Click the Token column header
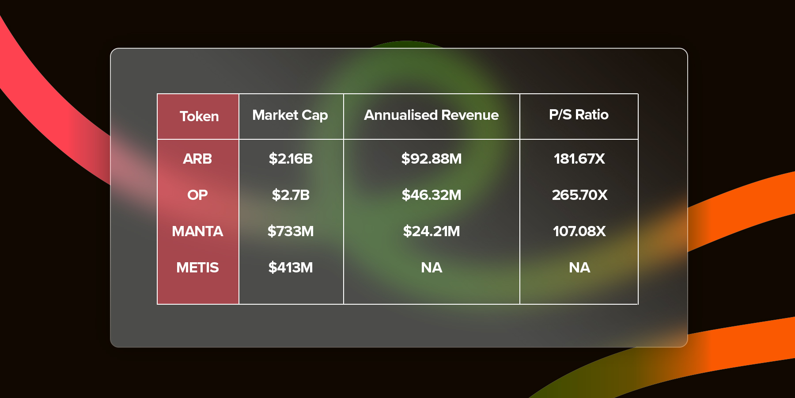coord(199,116)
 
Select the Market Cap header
coord(290,115)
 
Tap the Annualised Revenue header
coord(432,115)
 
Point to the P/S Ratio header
coord(579,115)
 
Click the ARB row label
coord(197,159)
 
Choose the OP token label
coord(197,195)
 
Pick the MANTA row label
coord(197,231)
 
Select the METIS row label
coord(197,268)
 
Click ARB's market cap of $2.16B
coord(291,159)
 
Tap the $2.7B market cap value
coord(291,195)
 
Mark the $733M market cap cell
coord(291,231)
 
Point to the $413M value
coord(291,268)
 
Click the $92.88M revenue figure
coord(432,159)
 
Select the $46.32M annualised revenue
coord(432,195)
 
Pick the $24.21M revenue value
coord(432,231)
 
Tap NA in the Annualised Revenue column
coord(432,268)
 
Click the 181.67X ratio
coord(579,159)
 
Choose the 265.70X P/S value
coord(579,195)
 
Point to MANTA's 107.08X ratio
coord(579,231)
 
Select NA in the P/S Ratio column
coord(579,268)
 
